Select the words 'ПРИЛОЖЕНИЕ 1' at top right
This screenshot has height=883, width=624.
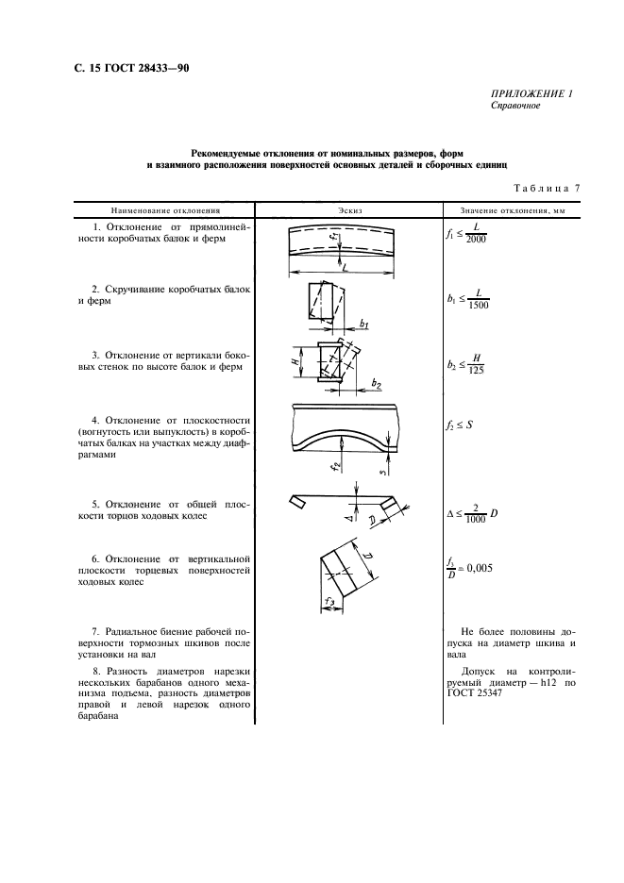531,93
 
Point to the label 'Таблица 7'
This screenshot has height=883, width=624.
547,188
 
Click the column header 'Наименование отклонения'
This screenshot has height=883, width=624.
165,210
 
